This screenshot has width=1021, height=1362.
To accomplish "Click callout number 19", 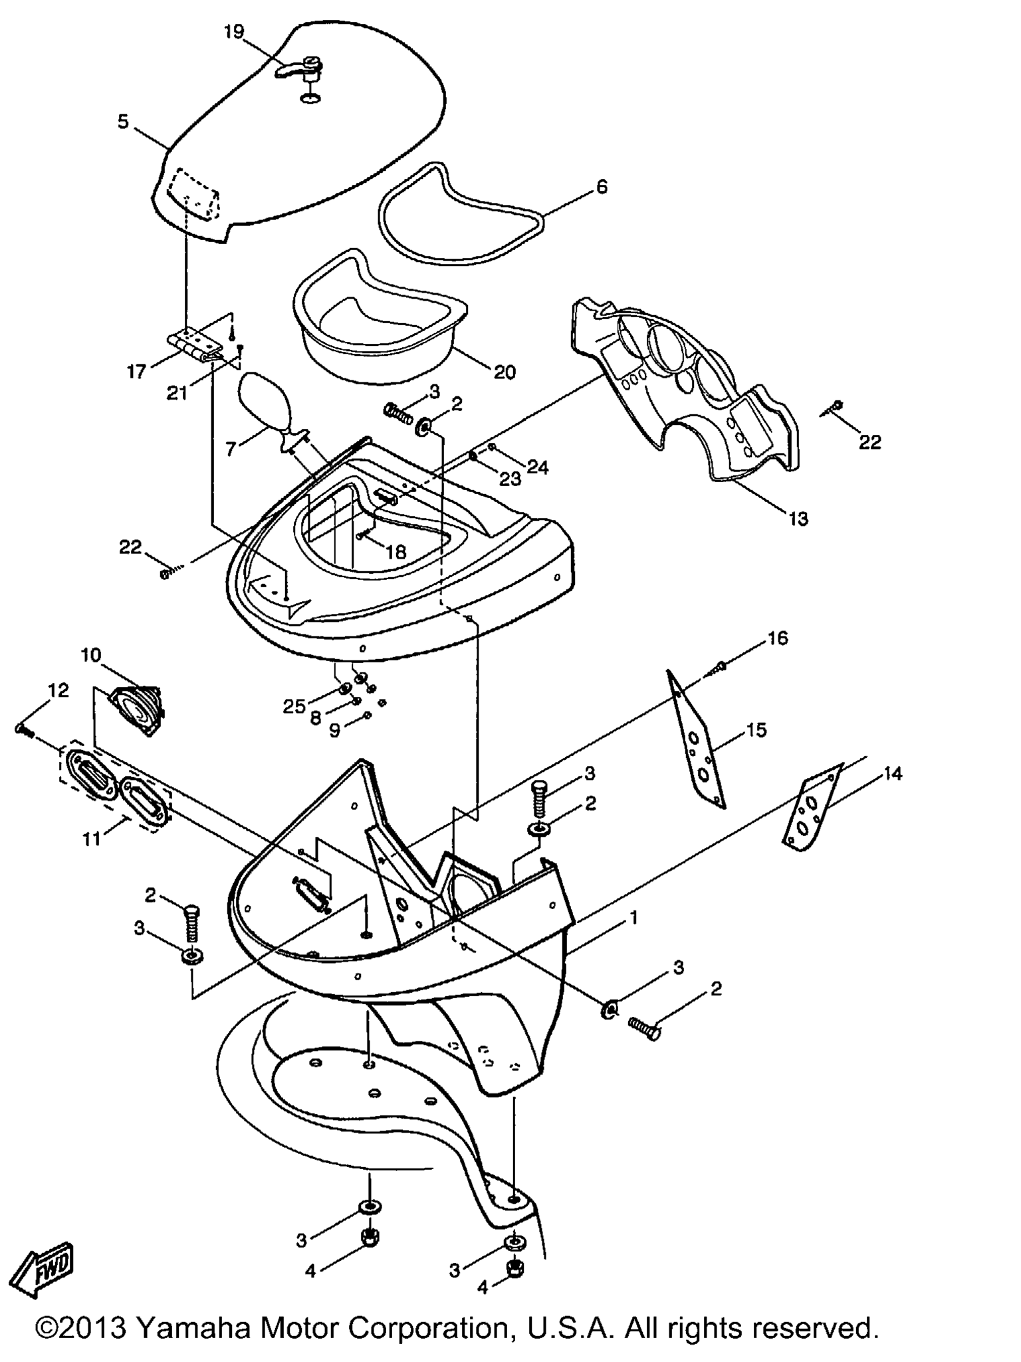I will [234, 31].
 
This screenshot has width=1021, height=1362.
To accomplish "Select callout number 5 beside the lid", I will [123, 122].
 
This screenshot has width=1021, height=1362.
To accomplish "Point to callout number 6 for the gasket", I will [601, 187].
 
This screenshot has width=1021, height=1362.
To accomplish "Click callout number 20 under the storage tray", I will [505, 372].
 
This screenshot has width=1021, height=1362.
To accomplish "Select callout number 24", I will [538, 468].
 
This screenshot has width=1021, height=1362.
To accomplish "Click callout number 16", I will [777, 638].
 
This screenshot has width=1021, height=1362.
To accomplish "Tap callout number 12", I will [58, 690].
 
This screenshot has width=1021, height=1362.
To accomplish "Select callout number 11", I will [91, 839].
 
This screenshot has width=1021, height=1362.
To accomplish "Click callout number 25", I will [294, 706].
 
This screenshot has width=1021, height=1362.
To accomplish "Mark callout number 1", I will [633, 918].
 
